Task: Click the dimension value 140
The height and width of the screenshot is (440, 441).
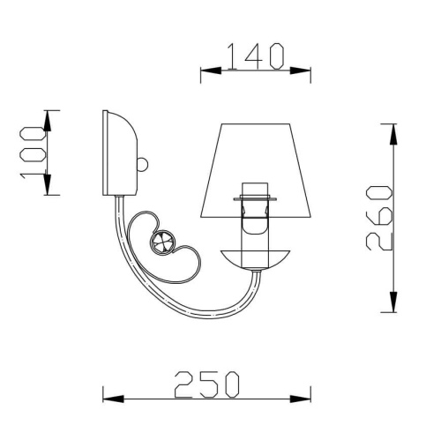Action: pos(256,56)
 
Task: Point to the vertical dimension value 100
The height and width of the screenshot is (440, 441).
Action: pos(33,152)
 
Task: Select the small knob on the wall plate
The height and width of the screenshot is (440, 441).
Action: pos(144,165)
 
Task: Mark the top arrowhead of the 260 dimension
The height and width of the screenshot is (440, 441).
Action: pos(390,131)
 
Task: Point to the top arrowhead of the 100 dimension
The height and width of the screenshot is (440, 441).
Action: pos(50,116)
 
